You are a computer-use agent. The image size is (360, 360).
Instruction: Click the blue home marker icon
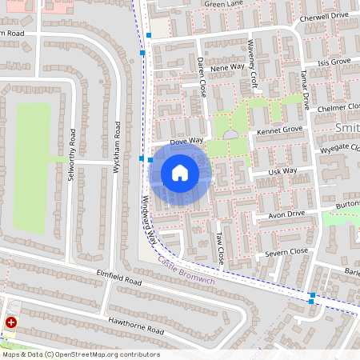coord(180,172)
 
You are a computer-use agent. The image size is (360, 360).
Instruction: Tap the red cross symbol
coord(11,322)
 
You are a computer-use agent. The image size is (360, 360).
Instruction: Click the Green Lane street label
coord(224,4)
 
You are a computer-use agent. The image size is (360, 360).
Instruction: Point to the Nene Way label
coord(226,67)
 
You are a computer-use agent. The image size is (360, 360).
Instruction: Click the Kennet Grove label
coord(280,129)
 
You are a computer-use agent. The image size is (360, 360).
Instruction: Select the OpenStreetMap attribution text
coord(81,354)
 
